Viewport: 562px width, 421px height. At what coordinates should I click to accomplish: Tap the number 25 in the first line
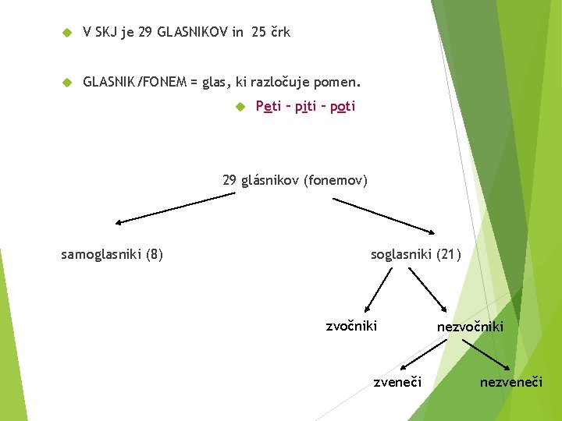click(259, 32)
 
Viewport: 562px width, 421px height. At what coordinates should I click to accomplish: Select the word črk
click(280, 32)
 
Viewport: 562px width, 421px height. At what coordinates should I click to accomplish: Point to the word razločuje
click(283, 82)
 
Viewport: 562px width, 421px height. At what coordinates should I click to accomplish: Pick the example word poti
click(342, 107)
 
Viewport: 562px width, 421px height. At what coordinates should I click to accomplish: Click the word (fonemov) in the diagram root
click(337, 181)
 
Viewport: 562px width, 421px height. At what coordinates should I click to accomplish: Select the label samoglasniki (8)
click(112, 253)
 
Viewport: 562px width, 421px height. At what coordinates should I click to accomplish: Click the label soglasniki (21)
click(416, 253)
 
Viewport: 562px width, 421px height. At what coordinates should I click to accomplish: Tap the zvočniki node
click(351, 325)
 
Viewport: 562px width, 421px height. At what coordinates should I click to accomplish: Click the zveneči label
click(397, 382)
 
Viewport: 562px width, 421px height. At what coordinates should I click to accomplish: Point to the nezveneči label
click(510, 382)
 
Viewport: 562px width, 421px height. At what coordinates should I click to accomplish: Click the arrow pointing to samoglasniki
click(175, 209)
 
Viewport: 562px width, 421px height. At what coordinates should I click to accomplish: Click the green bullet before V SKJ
click(66, 32)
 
